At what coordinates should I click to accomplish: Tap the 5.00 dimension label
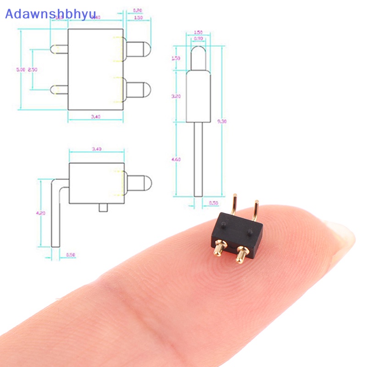[20, 70]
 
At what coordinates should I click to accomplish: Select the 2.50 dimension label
[32, 70]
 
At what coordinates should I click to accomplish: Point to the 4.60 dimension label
[177, 159]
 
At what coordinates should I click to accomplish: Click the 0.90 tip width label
[198, 39]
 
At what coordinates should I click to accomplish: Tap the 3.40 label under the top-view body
[95, 117]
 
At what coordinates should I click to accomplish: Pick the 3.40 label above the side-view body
[96, 149]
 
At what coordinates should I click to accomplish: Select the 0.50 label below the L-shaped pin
[70, 254]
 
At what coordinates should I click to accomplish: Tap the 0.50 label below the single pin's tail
[213, 203]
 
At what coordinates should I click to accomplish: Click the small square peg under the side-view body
[104, 208]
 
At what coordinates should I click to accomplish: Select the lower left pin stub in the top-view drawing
[59, 89]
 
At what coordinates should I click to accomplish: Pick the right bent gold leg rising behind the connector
[256, 209]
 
